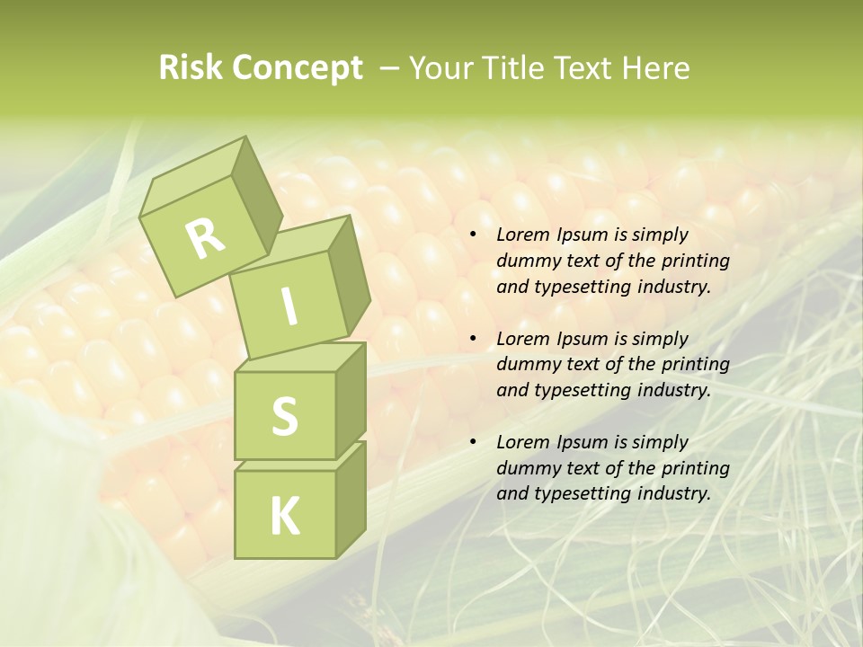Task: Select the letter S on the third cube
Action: coord(284,416)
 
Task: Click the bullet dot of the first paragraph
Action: coord(474,235)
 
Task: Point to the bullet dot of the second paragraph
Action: coord(474,340)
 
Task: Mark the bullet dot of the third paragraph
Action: coord(474,443)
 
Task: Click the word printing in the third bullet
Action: coord(695,468)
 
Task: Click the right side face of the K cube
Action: coord(351,499)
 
